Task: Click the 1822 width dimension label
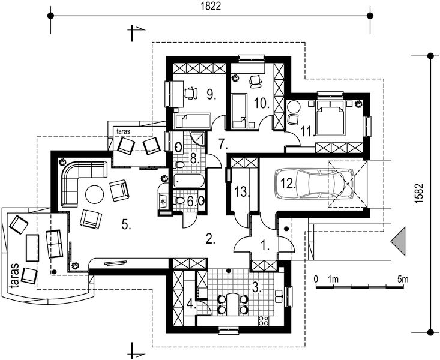[211, 5]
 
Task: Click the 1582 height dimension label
[419, 193]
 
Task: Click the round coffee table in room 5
[95, 194]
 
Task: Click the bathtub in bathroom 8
[189, 181]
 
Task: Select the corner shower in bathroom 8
[199, 139]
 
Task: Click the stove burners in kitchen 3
[263, 320]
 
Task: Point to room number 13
[242, 192]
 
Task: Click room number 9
[211, 94]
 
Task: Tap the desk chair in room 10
[256, 82]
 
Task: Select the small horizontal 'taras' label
[124, 131]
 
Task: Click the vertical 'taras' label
[14, 275]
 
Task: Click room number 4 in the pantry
[191, 304]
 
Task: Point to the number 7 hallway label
[223, 144]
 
